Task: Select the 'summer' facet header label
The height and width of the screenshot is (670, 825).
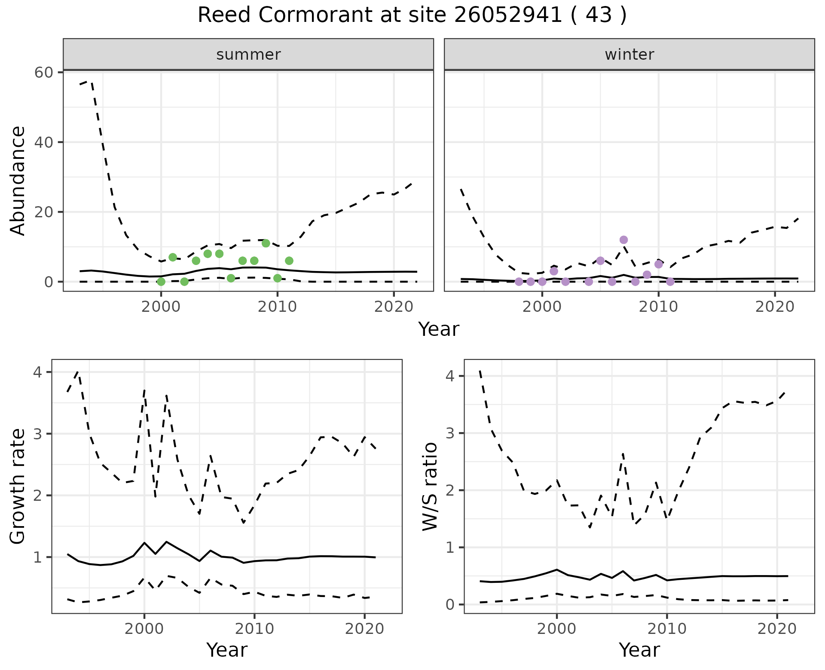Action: [248, 55]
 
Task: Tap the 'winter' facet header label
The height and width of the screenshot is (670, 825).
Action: [629, 55]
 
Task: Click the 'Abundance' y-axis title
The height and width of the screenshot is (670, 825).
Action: [18, 181]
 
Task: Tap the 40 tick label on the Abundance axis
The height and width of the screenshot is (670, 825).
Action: [43, 142]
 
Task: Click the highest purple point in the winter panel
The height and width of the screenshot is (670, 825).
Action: [624, 240]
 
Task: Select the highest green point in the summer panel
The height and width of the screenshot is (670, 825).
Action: [266, 243]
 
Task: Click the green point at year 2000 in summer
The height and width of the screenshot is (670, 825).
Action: [161, 282]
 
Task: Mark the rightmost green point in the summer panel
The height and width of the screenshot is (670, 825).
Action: [289, 261]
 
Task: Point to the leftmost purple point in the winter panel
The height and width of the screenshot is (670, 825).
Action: [519, 282]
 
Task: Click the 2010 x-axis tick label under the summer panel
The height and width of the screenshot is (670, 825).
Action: [278, 307]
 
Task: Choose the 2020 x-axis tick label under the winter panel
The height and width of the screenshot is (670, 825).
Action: [775, 307]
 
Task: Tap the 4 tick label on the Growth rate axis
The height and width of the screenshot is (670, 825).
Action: [37, 372]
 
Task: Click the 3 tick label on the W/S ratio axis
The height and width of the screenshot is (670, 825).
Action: [450, 433]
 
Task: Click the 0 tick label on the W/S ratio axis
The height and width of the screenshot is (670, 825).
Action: [450, 604]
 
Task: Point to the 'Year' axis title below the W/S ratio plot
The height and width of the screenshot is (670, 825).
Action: [639, 650]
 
